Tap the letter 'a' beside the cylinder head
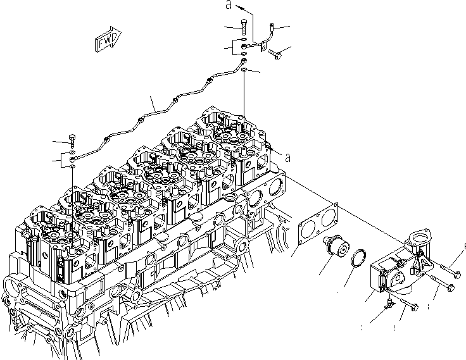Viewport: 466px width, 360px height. tap(287, 157)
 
